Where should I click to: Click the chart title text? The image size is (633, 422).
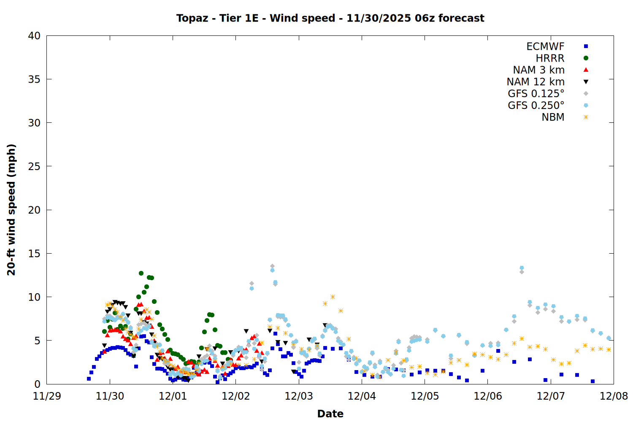[x=330, y=18]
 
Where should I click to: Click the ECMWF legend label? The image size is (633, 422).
[x=545, y=46]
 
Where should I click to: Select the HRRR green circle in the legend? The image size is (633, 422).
[x=586, y=58]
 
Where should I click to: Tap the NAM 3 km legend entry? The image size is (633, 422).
[x=538, y=70]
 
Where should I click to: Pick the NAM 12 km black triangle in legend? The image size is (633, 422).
[x=586, y=82]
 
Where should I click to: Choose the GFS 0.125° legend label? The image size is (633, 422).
[x=536, y=94]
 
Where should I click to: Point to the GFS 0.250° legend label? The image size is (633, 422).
[x=536, y=105]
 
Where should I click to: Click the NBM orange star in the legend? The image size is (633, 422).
[x=586, y=117]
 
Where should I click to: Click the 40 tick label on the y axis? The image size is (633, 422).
[x=34, y=36]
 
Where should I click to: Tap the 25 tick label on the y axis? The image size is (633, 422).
[x=34, y=166]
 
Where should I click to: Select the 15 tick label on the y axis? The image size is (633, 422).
[x=34, y=254]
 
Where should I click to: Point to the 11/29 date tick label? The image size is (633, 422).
[x=47, y=396]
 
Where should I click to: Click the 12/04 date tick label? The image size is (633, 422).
[x=362, y=396]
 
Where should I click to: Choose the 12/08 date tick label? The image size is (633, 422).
[x=614, y=396]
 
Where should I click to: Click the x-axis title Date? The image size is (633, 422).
[x=330, y=414]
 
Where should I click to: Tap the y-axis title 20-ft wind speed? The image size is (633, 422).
[x=11, y=210]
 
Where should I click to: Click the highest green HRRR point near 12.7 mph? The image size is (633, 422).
[x=141, y=273]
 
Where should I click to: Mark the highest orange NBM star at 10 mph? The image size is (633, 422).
[x=333, y=297]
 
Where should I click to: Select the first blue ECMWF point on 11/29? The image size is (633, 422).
[x=89, y=379]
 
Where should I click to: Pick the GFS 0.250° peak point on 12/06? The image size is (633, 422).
[x=522, y=268]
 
